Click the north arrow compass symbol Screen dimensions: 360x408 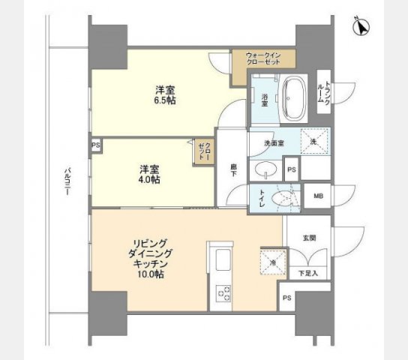click(x=361, y=28)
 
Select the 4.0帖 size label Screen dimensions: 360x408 click(x=148, y=180)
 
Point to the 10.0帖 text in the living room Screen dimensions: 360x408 click(x=151, y=274)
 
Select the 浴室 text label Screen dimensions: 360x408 click(x=265, y=97)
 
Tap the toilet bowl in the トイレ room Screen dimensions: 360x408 click(x=284, y=198)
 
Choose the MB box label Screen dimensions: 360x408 click(x=318, y=197)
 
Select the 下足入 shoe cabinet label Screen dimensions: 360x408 click(x=309, y=273)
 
